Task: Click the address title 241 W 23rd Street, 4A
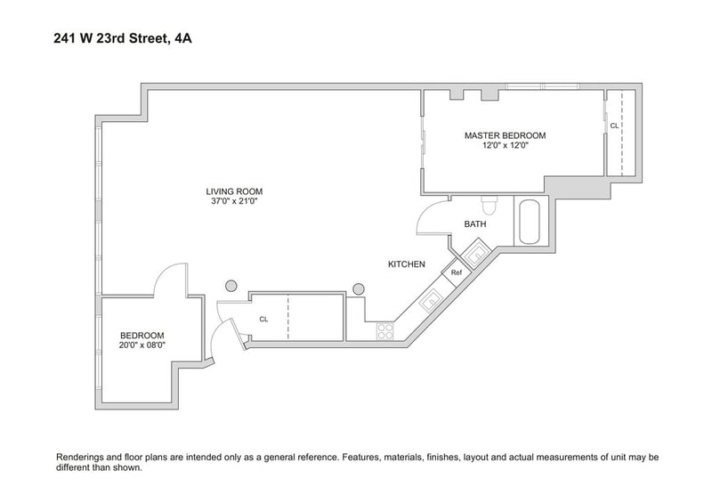[x=123, y=38]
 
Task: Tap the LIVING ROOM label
[x=234, y=191]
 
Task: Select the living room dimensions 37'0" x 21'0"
[x=234, y=201]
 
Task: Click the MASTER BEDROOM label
[x=505, y=135]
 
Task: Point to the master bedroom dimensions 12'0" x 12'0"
[x=506, y=145]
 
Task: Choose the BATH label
[x=475, y=224]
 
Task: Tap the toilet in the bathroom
[x=489, y=206]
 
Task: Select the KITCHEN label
[x=407, y=264]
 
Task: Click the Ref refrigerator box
[x=456, y=272]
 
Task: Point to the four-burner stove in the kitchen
[x=385, y=331]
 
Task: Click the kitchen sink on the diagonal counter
[x=430, y=300]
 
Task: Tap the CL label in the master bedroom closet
[x=614, y=126]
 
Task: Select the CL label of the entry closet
[x=263, y=320]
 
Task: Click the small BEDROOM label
[x=142, y=336]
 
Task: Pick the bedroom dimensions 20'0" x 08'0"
[x=142, y=345]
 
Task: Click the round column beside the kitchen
[x=359, y=289]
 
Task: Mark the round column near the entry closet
[x=231, y=286]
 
